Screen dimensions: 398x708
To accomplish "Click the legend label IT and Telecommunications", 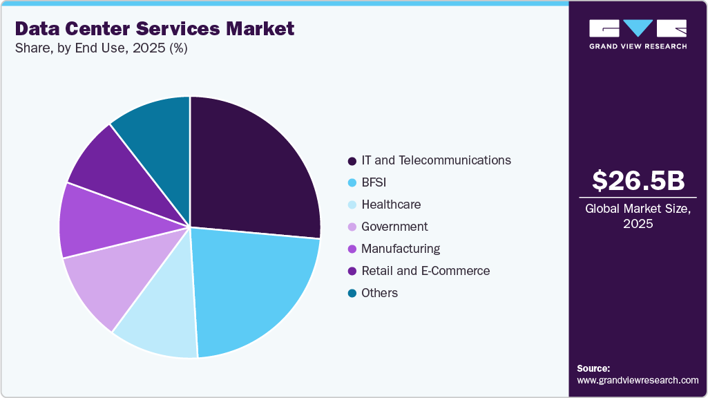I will (436, 160).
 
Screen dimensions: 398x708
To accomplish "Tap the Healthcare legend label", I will (391, 205).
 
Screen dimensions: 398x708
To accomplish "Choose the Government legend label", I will (394, 227).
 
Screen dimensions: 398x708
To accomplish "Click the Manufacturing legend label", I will (401, 249).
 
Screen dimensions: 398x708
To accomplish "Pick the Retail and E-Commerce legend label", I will (425, 271).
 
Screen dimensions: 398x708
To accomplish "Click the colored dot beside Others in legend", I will (352, 293).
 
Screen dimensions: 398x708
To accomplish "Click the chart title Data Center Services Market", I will (154, 28).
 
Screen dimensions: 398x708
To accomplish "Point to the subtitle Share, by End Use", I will (101, 48).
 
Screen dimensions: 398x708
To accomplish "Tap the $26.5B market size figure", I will (638, 180).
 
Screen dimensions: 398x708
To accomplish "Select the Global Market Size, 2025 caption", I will (638, 216).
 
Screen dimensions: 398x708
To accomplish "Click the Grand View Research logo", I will (638, 34).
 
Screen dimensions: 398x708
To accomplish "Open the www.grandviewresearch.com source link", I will (638, 380).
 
